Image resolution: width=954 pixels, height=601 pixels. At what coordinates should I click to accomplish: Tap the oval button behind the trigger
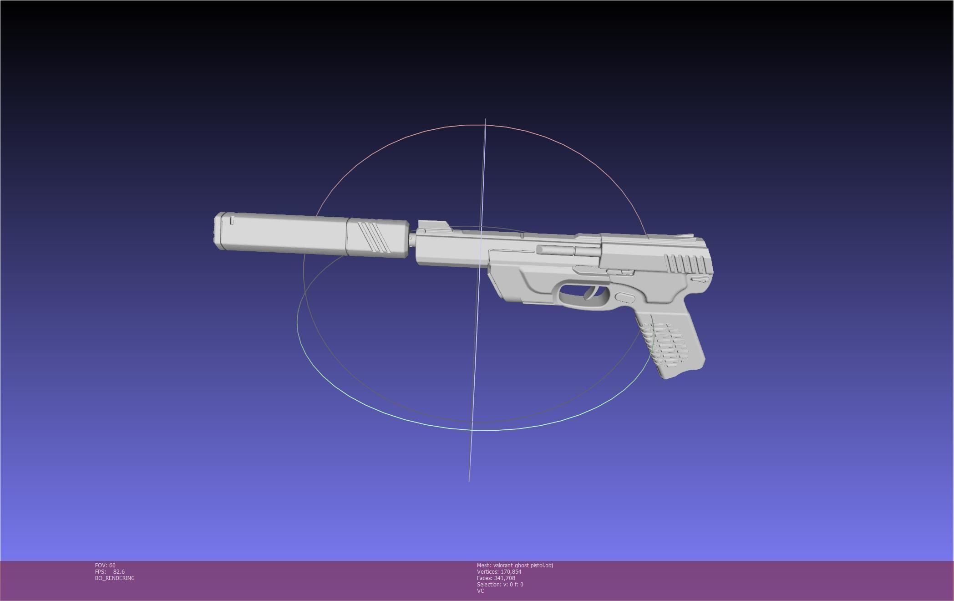click(625, 298)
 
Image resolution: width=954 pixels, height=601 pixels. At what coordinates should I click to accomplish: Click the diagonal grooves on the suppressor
click(373, 236)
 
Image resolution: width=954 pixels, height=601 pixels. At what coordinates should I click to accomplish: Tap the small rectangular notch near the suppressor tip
click(232, 221)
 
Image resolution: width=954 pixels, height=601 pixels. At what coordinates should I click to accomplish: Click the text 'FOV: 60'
click(105, 565)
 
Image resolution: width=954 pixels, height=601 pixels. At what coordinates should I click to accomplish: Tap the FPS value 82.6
click(119, 572)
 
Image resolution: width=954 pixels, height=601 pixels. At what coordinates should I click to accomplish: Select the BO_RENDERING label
click(115, 578)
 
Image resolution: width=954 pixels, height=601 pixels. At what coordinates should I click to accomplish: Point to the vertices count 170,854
click(511, 572)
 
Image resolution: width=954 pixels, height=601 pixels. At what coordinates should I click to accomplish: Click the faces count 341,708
click(504, 578)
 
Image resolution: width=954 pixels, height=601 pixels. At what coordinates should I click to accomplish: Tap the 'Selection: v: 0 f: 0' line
click(500, 585)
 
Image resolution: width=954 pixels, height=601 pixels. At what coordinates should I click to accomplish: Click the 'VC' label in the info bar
click(480, 591)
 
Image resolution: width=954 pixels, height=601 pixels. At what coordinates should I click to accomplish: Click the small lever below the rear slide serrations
click(700, 280)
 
